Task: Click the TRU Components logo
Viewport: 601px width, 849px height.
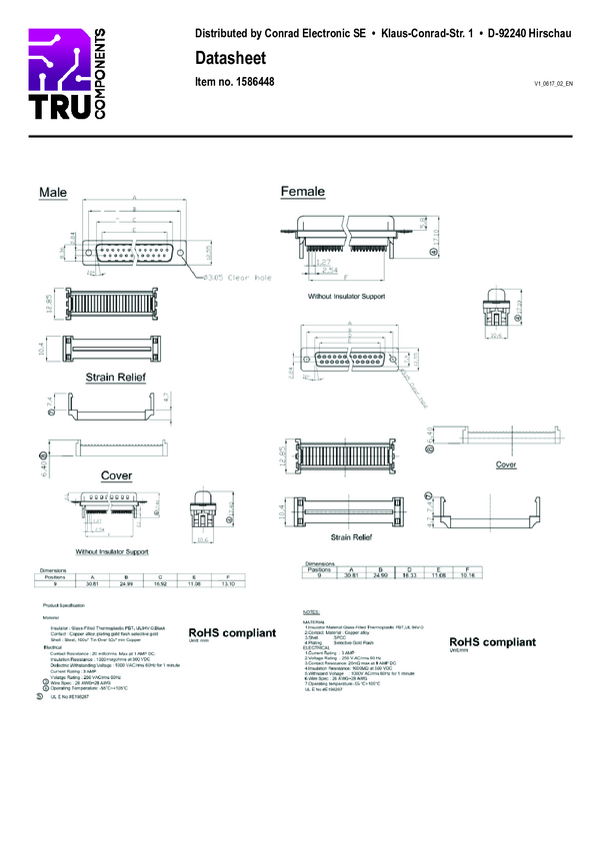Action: click(x=65, y=74)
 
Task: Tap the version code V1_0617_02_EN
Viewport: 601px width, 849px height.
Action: click(x=553, y=83)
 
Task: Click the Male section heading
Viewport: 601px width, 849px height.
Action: click(x=54, y=191)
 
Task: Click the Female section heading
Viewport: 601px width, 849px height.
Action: click(x=303, y=191)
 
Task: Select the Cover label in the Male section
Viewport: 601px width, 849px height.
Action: click(x=117, y=474)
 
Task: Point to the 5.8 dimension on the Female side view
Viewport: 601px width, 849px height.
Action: click(x=424, y=223)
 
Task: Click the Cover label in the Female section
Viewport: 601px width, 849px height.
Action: click(x=506, y=464)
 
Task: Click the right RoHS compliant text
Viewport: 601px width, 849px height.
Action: click(x=492, y=641)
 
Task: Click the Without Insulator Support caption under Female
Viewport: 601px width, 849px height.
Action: click(x=346, y=298)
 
